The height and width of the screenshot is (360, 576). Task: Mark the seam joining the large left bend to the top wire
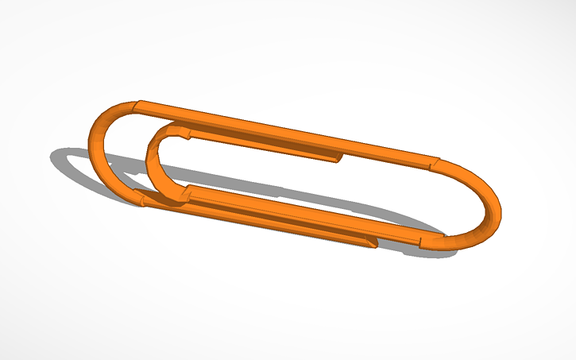coord(138,104)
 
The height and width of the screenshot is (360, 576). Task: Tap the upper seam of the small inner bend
coord(188,130)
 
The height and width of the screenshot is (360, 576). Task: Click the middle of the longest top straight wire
coord(286,134)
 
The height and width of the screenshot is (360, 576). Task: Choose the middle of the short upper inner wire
coord(262,144)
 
